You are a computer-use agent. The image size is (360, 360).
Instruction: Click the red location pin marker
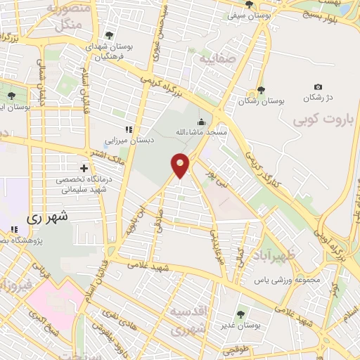pos(180,165)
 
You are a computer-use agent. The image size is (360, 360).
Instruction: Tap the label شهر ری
pos(49,218)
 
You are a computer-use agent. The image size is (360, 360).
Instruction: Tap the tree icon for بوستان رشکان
pos(261,89)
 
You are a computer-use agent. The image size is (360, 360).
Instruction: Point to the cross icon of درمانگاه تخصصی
pos(84,168)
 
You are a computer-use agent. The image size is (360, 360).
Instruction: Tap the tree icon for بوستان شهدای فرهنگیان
pos(108,33)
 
